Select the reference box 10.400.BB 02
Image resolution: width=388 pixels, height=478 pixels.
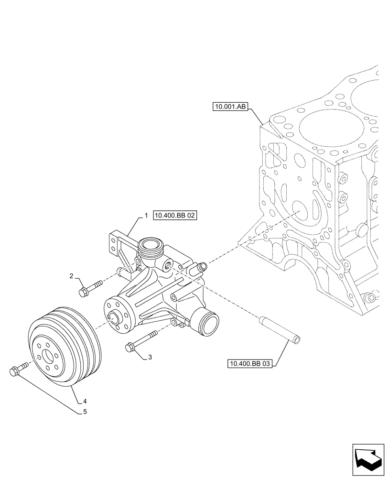click(x=175, y=216)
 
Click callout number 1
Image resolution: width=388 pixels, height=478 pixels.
click(x=146, y=216)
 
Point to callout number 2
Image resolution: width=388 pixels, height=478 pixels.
click(x=71, y=276)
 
